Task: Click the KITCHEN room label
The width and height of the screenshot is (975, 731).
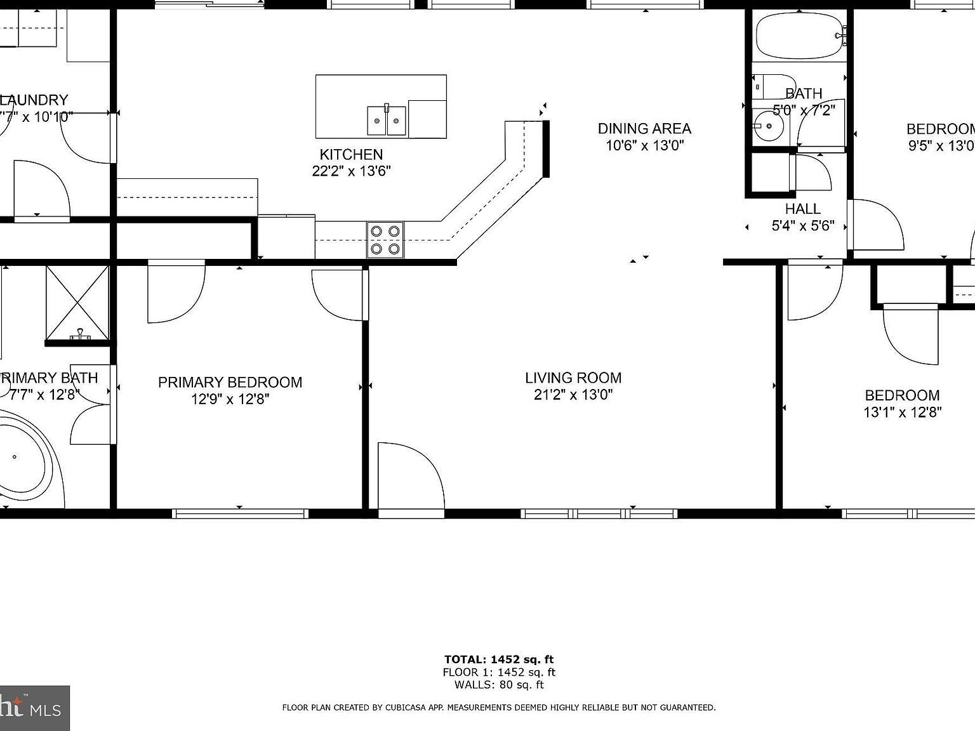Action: point(351,154)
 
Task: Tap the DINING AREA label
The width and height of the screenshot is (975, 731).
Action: point(644,129)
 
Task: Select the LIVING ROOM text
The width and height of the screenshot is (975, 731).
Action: point(573,378)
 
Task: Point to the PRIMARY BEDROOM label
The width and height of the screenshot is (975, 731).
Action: point(230,382)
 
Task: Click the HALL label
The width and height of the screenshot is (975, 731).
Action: point(802,209)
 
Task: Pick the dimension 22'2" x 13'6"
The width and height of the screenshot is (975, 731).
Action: point(351,171)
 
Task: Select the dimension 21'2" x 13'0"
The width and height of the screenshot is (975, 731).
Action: point(573,395)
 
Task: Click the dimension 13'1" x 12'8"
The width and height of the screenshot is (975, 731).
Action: point(901,412)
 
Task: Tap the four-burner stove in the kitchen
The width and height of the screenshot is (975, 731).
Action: point(385,240)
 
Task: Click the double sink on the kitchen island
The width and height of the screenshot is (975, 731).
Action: point(386,120)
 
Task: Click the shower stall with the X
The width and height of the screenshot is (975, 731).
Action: point(77,302)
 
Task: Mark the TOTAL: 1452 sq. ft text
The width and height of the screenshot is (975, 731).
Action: point(498,659)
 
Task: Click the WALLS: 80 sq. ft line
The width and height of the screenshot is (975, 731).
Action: point(498,685)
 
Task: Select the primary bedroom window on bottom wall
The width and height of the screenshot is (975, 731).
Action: point(240,513)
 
